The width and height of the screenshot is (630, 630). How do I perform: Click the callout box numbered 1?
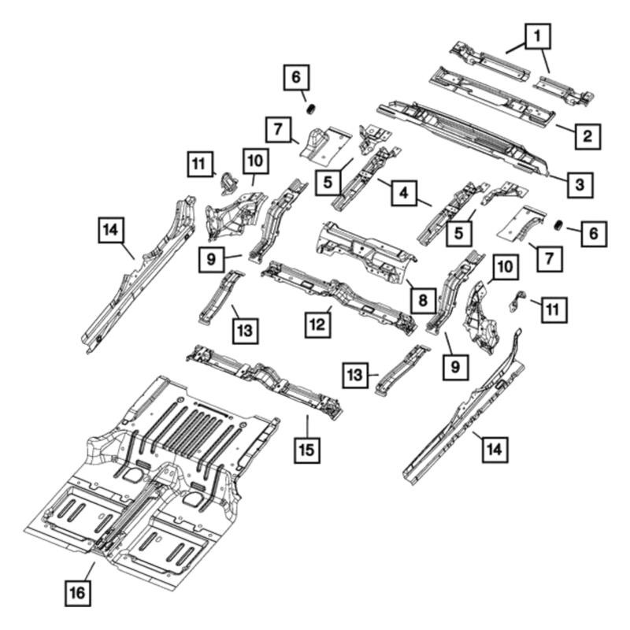coord(537,36)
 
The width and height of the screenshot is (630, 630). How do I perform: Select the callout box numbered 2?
coord(587,136)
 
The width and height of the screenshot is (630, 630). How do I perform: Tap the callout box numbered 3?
coord(580,185)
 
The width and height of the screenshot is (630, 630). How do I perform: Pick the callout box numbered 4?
coord(404,193)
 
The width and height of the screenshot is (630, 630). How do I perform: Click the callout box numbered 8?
coord(423,301)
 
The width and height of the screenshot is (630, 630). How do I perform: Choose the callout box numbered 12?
coord(317,324)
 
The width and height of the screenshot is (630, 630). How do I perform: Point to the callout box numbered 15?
coord(307,450)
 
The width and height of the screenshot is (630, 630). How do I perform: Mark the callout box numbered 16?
coord(77,593)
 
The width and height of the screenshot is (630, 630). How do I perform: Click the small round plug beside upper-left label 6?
coord(312,109)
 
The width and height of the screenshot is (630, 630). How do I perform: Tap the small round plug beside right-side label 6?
coord(558,226)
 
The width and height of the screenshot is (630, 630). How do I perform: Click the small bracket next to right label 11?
coord(517,300)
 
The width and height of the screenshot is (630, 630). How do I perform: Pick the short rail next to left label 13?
coord(221,297)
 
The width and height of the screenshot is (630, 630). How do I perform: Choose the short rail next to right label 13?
coord(401,369)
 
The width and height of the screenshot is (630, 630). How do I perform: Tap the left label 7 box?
coord(278,129)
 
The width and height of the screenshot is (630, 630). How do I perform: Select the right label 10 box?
coord(506,267)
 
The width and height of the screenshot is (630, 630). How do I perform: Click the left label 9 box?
coord(211,260)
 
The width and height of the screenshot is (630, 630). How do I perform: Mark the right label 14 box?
coord(495,449)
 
